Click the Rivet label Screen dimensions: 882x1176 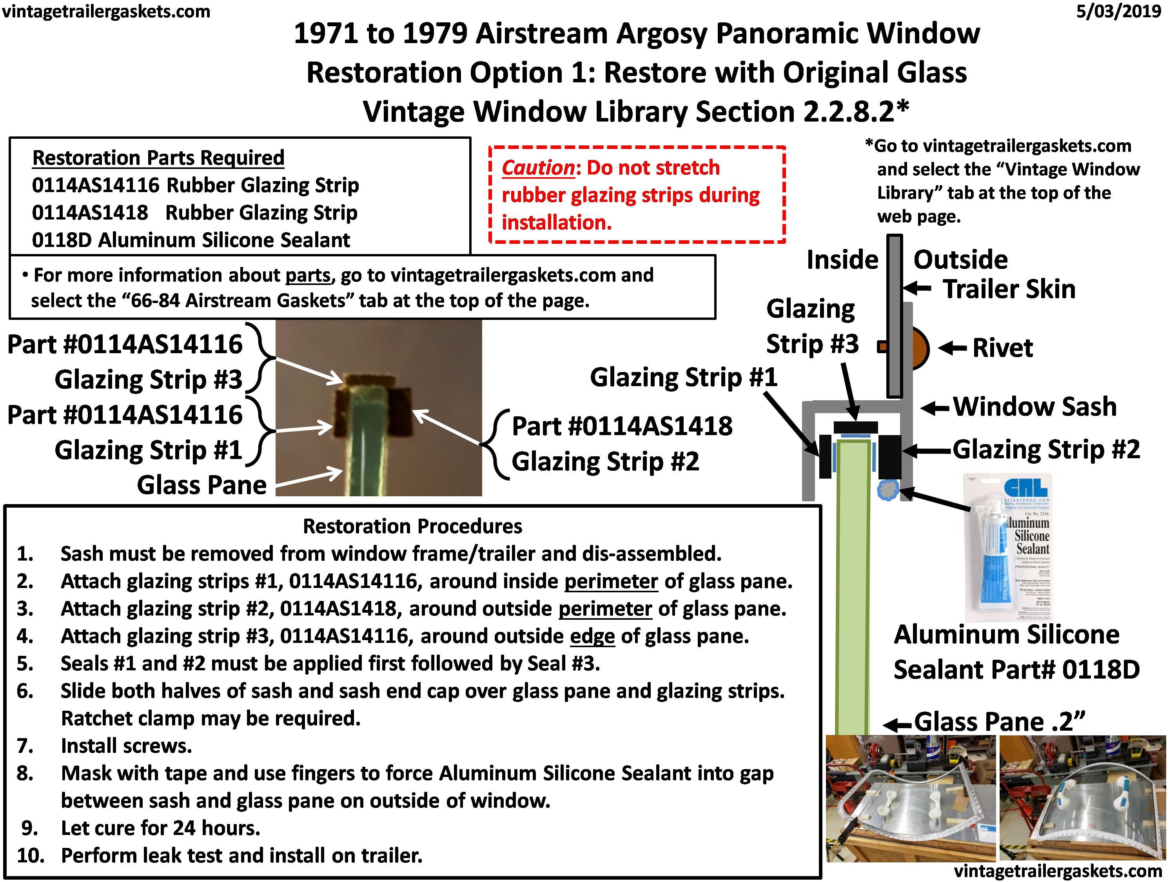(1002, 348)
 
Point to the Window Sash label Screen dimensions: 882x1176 (1034, 407)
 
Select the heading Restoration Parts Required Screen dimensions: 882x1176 (158, 158)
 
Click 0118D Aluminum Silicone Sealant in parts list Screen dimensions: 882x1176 (191, 240)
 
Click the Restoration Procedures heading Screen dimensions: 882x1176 (412, 526)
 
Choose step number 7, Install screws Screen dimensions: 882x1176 (126, 746)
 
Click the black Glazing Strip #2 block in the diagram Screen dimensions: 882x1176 (890, 457)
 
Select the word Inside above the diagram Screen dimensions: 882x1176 (842, 260)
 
